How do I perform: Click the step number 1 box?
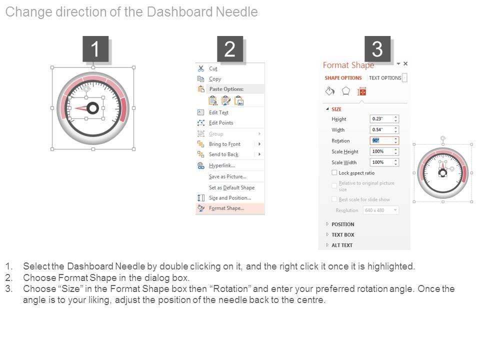95,49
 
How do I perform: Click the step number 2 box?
230,49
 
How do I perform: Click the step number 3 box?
377,49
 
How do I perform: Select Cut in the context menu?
213,68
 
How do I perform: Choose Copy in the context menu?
215,79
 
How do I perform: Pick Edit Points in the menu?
221,123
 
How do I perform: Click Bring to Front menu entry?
224,144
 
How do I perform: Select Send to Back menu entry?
224,154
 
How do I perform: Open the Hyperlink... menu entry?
222,165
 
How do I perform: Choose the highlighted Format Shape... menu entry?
226,208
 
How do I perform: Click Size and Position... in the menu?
230,198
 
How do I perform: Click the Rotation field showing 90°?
384,140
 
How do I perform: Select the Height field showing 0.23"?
384,119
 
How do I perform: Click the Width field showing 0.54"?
384,130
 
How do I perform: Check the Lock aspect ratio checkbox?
334,172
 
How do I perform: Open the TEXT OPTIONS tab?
385,78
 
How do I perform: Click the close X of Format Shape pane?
405,63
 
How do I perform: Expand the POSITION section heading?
342,224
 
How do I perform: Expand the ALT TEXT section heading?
342,245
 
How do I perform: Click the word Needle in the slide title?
236,12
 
